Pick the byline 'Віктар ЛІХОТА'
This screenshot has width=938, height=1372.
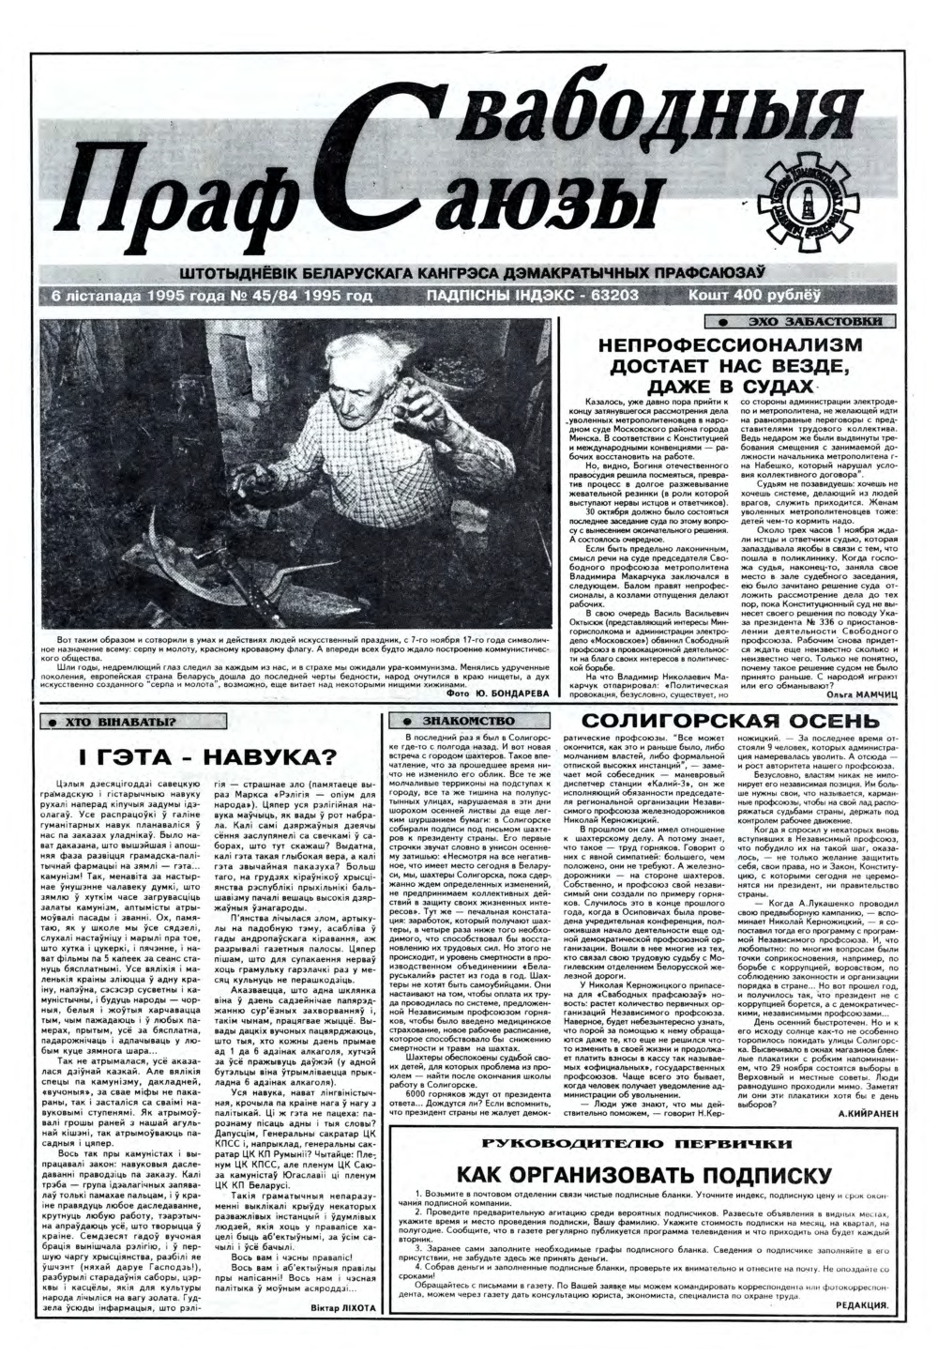[x=342, y=1308]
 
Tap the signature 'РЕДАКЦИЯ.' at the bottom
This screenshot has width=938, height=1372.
[x=861, y=1306]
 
